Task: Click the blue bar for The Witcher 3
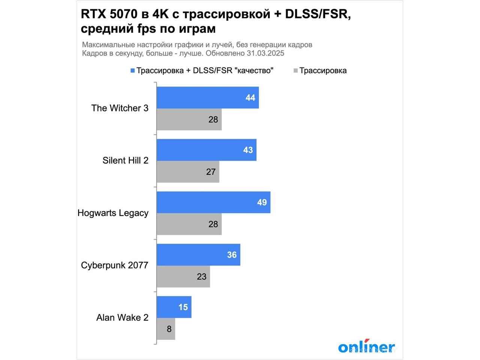(x=207, y=98)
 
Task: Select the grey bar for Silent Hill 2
(x=188, y=172)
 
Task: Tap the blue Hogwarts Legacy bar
(x=213, y=202)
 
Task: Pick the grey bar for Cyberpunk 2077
(x=183, y=277)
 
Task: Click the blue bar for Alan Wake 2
(x=174, y=307)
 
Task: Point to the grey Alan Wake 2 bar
(x=166, y=329)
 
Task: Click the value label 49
(x=262, y=202)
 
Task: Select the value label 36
(x=232, y=255)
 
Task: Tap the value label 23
(x=201, y=277)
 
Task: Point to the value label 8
(x=169, y=329)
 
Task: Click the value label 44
(x=250, y=98)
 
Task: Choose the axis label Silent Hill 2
(x=125, y=160)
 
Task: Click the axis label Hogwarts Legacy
(x=113, y=213)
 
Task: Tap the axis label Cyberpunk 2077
(x=114, y=265)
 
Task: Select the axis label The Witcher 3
(x=120, y=108)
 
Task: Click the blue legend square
(x=132, y=71)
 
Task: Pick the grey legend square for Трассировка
(x=295, y=71)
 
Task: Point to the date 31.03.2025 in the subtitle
(x=265, y=53)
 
